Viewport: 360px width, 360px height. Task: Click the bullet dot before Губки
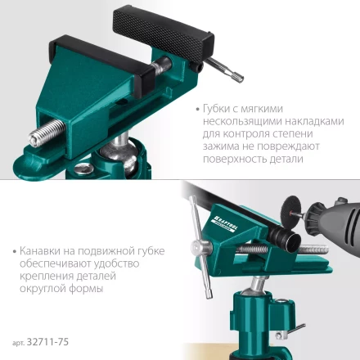tap(199, 108)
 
